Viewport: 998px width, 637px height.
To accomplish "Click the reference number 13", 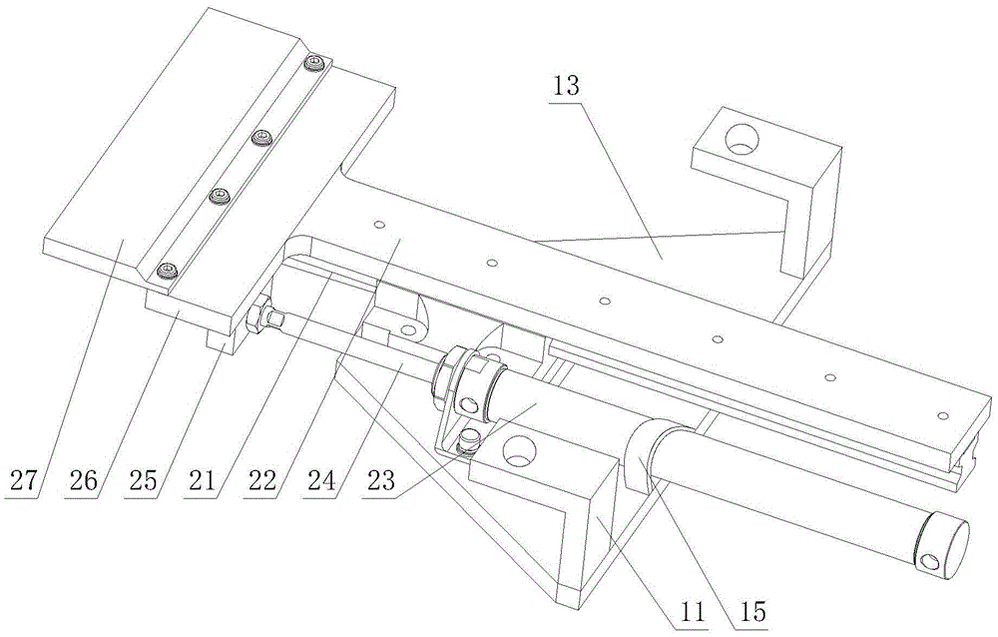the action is point(566,85).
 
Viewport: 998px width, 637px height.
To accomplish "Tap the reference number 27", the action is point(24,479).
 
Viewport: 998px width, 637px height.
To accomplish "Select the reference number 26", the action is point(84,479).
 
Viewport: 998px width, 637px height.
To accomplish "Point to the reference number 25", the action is point(142,479).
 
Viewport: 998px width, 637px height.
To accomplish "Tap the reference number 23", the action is point(379,479).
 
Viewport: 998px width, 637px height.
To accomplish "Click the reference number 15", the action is point(752,613).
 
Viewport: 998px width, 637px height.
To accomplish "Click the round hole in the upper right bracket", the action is point(743,138).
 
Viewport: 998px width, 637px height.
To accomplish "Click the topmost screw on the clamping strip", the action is point(315,63).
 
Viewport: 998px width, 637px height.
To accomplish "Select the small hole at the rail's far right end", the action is point(943,416).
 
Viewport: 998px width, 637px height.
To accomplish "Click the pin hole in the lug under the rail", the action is point(407,329).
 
